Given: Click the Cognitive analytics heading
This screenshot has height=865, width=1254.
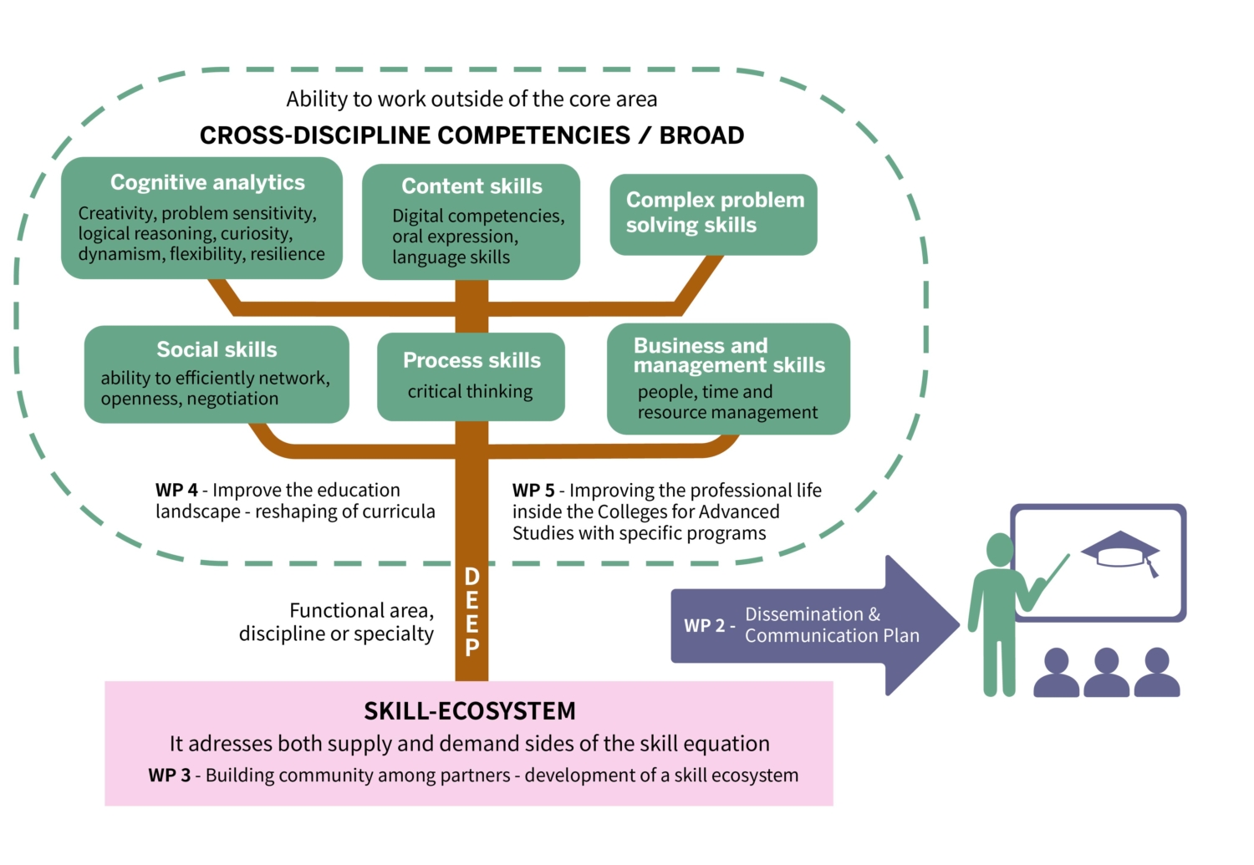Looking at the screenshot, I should pos(207,182).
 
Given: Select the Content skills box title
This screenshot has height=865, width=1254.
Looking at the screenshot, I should pos(472,186).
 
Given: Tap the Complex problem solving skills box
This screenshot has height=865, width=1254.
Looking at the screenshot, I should pos(713,213).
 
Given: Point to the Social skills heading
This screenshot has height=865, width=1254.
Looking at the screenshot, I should pos(217,349).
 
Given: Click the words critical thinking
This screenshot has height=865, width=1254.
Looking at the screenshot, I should pos(470,391).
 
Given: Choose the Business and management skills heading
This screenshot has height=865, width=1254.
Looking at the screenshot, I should pos(728,355).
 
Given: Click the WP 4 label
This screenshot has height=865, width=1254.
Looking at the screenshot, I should pos(176,491).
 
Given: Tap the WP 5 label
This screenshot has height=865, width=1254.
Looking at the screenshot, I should pos(533,491).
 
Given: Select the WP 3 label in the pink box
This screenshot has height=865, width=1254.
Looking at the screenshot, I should pos(169,776).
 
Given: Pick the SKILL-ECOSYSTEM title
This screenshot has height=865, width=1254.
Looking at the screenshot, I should pos(469,711).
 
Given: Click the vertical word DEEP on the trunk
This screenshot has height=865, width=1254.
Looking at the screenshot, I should pos(472,612).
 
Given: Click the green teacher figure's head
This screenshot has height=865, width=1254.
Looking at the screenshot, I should pos(1000,550).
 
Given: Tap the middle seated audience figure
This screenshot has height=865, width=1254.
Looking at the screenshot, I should pos(1106,673).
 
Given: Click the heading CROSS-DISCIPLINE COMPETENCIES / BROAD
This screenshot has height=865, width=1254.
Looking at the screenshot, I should pos(472,135).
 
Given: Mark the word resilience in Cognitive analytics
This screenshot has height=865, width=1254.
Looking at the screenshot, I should pos(288,254).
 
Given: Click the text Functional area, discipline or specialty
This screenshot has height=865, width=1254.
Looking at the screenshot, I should pos(337,623).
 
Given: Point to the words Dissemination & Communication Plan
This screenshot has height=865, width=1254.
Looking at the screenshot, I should pos(831,625).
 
